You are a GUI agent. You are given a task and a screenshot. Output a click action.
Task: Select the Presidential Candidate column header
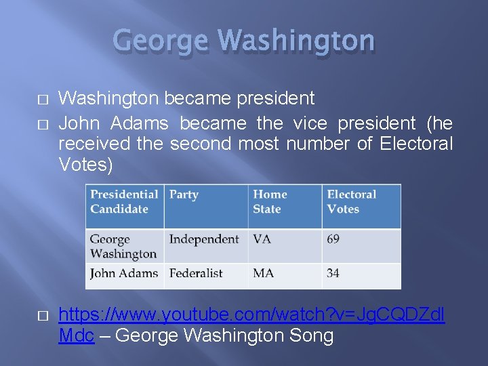click(124, 201)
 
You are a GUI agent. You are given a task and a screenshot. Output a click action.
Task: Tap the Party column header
click(184, 195)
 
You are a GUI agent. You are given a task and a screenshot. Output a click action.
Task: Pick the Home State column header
click(270, 201)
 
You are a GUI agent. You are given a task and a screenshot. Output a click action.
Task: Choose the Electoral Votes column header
click(351, 201)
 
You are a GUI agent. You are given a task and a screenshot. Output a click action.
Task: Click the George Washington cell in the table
click(123, 247)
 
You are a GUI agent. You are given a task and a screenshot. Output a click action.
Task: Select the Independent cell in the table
click(204, 239)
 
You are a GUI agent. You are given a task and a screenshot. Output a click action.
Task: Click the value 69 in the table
click(333, 239)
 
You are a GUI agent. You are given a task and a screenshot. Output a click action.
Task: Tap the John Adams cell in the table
click(124, 274)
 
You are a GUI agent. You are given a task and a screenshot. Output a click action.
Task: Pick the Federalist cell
click(196, 274)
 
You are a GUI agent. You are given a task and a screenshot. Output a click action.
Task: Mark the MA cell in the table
click(264, 274)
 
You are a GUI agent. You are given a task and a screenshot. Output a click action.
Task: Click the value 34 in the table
click(333, 274)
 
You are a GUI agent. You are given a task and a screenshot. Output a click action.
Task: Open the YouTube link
click(251, 315)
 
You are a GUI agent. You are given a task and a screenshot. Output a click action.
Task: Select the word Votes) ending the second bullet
click(85, 165)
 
